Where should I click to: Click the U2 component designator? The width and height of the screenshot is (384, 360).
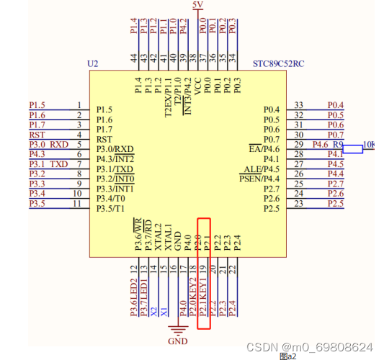[92, 64]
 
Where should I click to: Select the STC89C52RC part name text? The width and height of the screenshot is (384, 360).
[279, 64]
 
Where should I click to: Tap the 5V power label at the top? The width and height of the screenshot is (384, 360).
[198, 5]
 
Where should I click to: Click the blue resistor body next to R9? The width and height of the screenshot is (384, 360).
[352, 149]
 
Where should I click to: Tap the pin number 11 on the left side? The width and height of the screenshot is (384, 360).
[78, 204]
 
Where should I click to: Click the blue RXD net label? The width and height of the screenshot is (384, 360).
[58, 144]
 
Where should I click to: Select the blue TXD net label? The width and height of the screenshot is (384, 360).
[58, 164]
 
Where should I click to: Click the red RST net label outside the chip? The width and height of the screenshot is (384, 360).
[36, 135]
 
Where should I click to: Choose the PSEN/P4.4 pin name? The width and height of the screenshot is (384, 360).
[259, 179]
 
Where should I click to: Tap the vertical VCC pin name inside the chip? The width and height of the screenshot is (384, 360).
[199, 87]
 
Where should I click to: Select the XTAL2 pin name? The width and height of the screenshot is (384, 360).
[158, 238]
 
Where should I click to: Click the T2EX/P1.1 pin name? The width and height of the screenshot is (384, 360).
[169, 97]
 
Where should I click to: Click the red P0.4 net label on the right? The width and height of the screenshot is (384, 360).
[335, 105]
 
